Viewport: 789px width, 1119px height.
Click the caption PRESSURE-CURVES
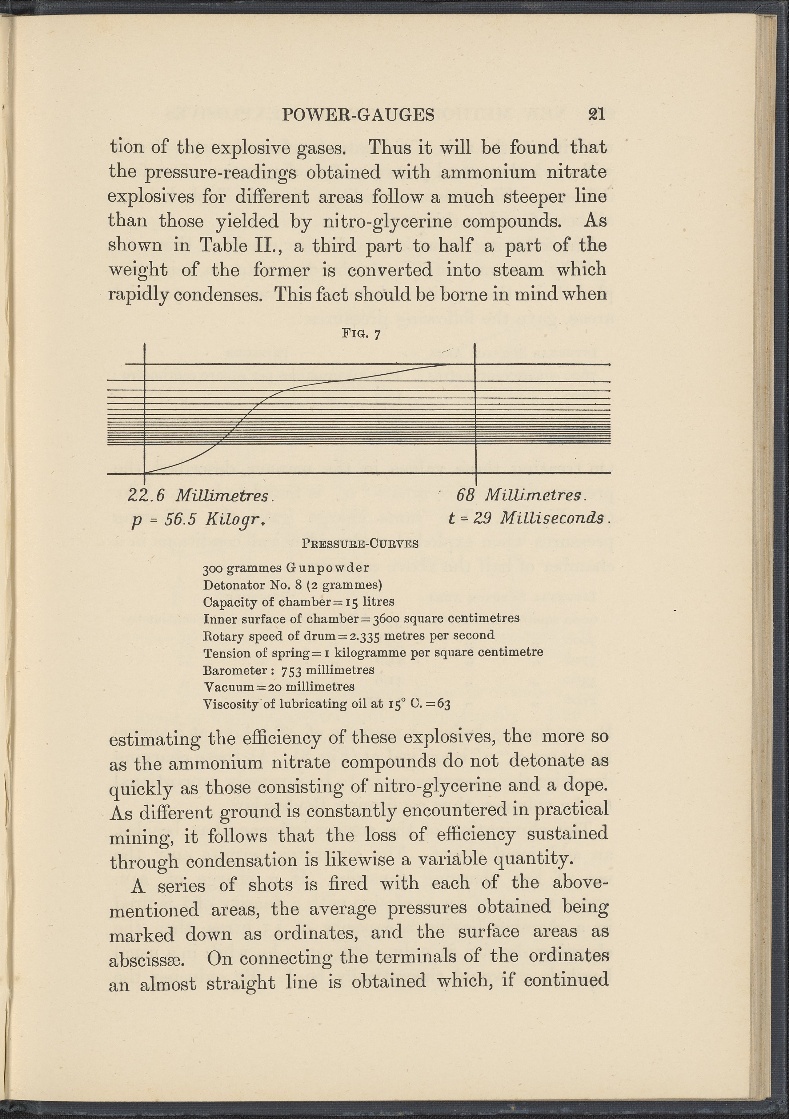click(360, 543)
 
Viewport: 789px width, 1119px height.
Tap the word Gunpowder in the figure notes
click(327, 568)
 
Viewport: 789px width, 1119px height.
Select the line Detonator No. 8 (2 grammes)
click(292, 585)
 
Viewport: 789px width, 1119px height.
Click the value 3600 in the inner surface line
click(386, 619)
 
